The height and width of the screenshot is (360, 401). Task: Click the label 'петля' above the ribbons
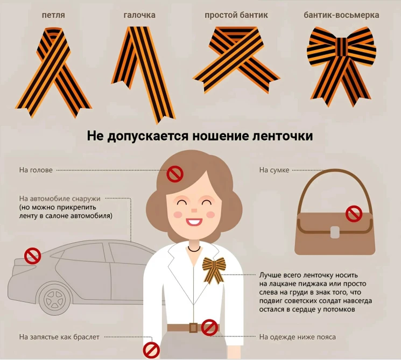[53, 16]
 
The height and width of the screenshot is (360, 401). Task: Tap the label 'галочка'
[139, 16]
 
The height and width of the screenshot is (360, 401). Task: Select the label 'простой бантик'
[236, 16]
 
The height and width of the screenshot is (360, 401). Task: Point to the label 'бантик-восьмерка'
[341, 15]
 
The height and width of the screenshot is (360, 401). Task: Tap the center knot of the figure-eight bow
[342, 47]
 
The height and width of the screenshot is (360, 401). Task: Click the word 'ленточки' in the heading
[283, 136]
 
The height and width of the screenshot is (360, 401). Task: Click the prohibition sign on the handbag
[354, 214]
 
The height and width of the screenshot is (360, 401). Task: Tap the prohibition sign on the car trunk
[32, 256]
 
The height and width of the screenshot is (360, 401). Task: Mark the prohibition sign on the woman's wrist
[151, 350]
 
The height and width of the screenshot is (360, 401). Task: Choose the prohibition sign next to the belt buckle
[209, 328]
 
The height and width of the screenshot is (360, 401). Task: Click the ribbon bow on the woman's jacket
[214, 270]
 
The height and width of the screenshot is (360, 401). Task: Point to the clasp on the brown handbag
[334, 232]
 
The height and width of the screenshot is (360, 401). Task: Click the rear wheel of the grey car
[54, 299]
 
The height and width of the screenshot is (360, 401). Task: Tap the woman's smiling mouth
[194, 221]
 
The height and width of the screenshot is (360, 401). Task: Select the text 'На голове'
[36, 170]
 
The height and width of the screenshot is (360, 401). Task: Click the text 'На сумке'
[274, 170]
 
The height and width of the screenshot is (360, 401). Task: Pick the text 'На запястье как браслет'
[59, 337]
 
